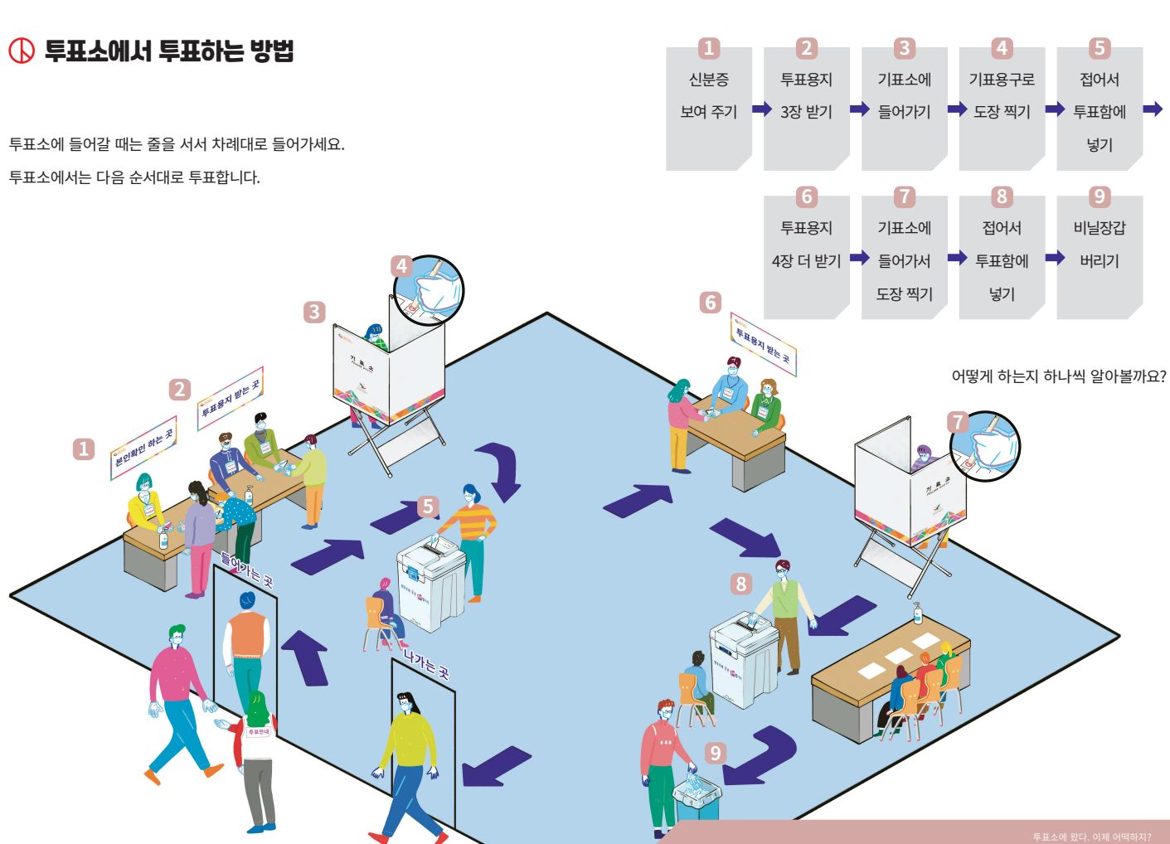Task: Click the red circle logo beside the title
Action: pyautogui.click(x=22, y=51)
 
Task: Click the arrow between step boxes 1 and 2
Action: pyautogui.click(x=761, y=109)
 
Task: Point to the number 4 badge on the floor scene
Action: pyautogui.click(x=402, y=266)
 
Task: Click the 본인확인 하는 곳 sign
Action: pyautogui.click(x=143, y=448)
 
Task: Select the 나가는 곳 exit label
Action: pyautogui.click(x=426, y=663)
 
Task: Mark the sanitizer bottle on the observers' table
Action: pyautogui.click(x=917, y=614)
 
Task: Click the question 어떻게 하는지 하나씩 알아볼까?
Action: pyautogui.click(x=1058, y=376)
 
